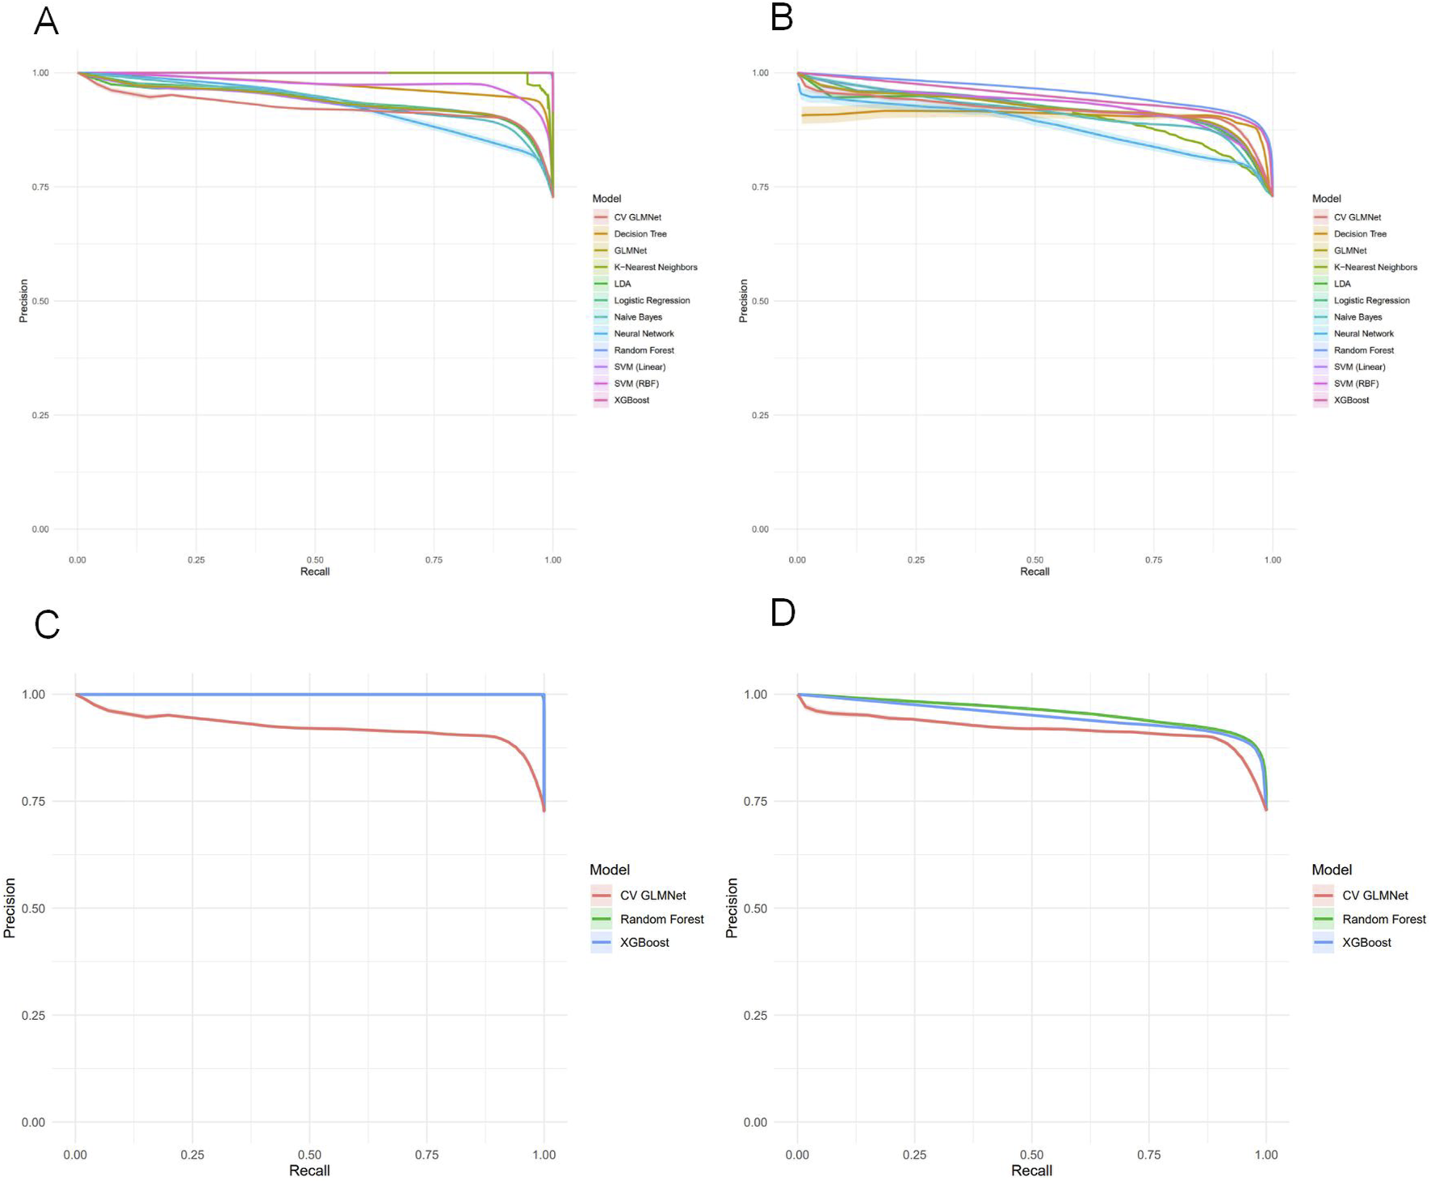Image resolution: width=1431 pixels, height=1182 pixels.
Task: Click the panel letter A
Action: (46, 21)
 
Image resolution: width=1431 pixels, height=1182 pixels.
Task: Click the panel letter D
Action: (783, 613)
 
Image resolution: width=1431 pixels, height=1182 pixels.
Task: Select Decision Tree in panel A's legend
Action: (640, 234)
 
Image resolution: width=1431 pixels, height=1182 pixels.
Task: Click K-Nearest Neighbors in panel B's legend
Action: (1374, 267)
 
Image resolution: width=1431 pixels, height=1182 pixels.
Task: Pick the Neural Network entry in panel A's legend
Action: (643, 333)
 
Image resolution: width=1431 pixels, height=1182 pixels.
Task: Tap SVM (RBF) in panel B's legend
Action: (1356, 384)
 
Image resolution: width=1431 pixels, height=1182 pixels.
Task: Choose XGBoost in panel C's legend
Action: (644, 942)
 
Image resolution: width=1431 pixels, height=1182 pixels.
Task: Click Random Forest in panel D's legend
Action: (1383, 919)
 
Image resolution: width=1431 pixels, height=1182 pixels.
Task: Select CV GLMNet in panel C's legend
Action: (653, 895)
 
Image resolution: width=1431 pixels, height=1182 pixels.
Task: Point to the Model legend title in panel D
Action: (1331, 870)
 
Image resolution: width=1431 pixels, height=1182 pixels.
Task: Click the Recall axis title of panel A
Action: (315, 572)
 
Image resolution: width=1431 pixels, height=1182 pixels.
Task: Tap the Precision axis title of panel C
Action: (10, 907)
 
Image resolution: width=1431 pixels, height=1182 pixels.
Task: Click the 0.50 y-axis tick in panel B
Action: (760, 301)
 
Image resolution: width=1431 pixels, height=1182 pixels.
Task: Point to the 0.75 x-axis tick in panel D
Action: (1148, 1155)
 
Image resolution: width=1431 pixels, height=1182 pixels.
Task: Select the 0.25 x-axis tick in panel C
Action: (192, 1155)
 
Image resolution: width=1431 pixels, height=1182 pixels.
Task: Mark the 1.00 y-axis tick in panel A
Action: (40, 73)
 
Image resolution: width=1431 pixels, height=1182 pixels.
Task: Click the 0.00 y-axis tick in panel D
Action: (755, 1122)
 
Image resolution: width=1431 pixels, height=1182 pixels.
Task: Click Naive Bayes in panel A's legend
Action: (637, 317)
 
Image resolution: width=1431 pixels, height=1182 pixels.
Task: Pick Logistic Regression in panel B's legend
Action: (1371, 300)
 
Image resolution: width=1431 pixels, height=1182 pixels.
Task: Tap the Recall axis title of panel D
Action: (1031, 1171)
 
